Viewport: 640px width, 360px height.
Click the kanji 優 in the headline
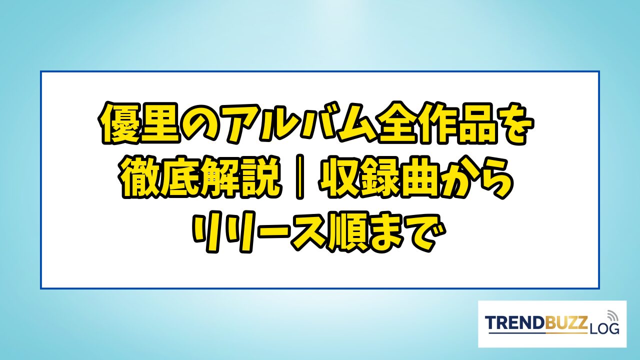118,123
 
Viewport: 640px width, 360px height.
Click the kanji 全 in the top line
396,123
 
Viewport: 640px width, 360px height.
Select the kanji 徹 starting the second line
140,177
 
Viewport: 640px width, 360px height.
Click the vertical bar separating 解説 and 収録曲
299,177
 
